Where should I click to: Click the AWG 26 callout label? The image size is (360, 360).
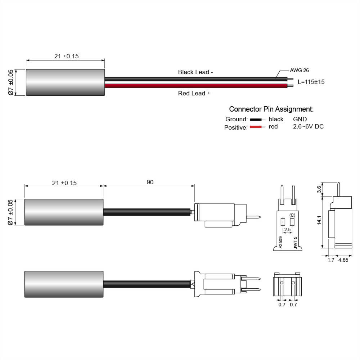pyautogui.click(x=299, y=71)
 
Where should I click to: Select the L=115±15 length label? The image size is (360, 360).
pyautogui.click(x=311, y=82)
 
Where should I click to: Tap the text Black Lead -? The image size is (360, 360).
pyautogui.click(x=195, y=72)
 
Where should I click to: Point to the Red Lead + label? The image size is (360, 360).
pyautogui.click(x=194, y=94)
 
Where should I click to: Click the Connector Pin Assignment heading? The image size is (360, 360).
pyautogui.click(x=271, y=109)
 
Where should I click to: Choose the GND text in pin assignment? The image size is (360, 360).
pyautogui.click(x=300, y=119)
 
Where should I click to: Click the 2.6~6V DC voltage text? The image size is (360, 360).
pyautogui.click(x=308, y=127)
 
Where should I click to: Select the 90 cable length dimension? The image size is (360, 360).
pyautogui.click(x=150, y=183)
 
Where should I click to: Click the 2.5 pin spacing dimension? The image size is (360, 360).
pyautogui.click(x=287, y=230)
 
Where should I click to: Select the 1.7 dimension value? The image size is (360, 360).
pyautogui.click(x=331, y=260)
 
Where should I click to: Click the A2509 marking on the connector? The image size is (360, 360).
pyautogui.click(x=280, y=242)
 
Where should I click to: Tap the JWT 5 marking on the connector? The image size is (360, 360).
pyautogui.click(x=295, y=242)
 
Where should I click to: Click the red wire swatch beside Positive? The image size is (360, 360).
pyautogui.click(x=256, y=127)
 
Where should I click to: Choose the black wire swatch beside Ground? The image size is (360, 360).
pyautogui.click(x=256, y=120)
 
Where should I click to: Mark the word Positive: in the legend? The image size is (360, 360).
pyautogui.click(x=236, y=127)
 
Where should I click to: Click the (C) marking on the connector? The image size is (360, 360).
pyautogui.click(x=292, y=215)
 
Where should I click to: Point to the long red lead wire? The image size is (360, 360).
pyautogui.click(x=196, y=86)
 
